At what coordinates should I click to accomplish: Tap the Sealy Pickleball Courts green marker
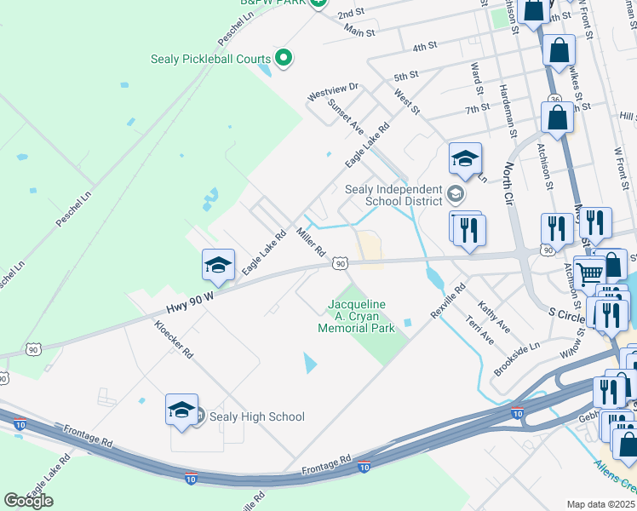point(284,59)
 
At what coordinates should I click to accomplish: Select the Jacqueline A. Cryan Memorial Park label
point(357,316)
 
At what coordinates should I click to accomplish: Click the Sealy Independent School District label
point(393,195)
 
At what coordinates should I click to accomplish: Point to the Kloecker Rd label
point(174,338)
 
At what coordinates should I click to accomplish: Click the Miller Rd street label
point(310,241)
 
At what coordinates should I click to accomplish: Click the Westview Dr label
point(334,88)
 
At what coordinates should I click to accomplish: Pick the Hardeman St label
point(509,110)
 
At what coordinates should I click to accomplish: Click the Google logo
point(29,501)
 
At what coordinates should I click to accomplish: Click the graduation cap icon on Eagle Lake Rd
point(218,266)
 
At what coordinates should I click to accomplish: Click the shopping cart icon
point(589,273)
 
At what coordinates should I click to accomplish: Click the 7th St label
point(478,108)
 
